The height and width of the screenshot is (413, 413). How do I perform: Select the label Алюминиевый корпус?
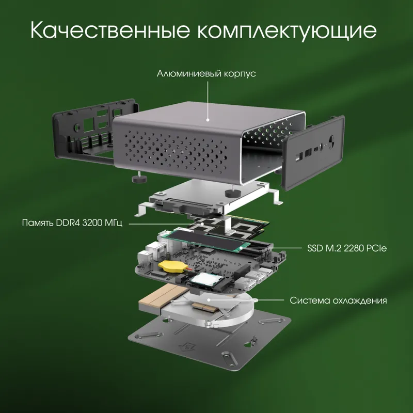tap(206, 74)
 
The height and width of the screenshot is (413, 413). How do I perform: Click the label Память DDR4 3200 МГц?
tap(72, 224)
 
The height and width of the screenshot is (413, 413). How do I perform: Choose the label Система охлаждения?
tap(338, 300)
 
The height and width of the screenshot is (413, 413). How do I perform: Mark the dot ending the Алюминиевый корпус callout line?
tap(208, 119)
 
